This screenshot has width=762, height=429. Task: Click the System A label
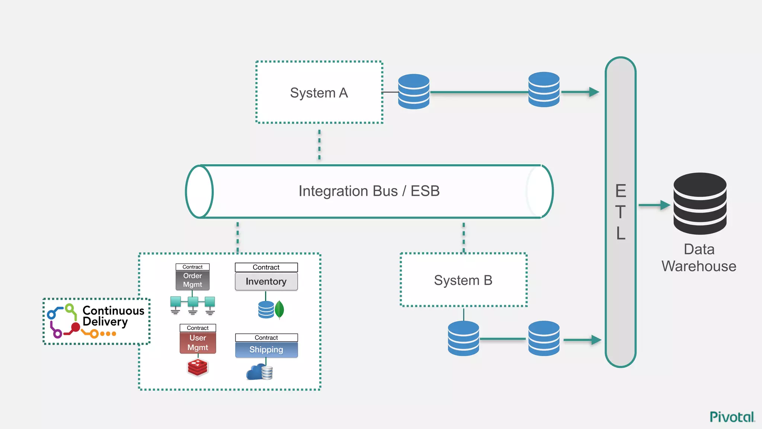point(319,93)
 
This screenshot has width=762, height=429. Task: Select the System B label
point(463,280)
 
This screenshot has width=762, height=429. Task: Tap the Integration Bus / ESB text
point(369,191)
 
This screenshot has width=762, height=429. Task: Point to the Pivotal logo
point(732,417)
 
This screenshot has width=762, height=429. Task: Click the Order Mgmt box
point(192,280)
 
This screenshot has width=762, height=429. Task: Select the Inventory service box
point(266,282)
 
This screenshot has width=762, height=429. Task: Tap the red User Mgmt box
point(198,343)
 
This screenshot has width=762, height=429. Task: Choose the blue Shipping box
point(266,350)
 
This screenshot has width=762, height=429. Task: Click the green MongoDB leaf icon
point(279,309)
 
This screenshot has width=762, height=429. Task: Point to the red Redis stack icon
point(198,368)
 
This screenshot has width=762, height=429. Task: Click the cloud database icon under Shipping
point(259,372)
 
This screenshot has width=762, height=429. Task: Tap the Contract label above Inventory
point(266,267)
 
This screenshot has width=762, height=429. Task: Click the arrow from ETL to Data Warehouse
point(654,205)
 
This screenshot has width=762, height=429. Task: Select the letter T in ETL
point(620,212)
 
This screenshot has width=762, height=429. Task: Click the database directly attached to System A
point(413,92)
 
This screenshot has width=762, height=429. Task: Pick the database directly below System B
point(463,338)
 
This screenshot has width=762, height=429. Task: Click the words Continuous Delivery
point(113,316)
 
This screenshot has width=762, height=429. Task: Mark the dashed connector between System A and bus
point(319,144)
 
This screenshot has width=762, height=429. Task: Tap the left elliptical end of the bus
point(199,191)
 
